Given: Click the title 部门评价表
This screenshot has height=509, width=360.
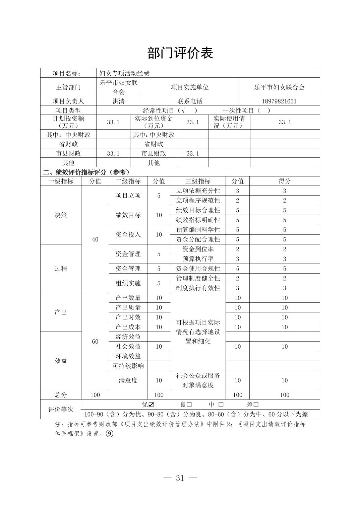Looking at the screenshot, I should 180,53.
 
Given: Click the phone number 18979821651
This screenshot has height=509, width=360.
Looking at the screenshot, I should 279,101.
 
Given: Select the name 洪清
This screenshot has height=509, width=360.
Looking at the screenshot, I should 118,101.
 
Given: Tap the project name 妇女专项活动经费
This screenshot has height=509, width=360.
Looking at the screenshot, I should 124,73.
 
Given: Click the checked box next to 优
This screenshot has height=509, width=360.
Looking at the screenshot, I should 151,405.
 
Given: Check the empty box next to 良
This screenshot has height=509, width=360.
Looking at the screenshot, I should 189,405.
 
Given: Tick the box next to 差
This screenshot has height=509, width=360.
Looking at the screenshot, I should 256,405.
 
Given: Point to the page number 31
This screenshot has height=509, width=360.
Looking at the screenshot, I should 180,478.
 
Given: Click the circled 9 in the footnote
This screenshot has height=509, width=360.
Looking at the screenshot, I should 109,433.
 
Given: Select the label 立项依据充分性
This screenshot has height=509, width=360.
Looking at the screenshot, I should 198,191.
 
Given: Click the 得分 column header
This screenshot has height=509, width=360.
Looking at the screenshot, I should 285,181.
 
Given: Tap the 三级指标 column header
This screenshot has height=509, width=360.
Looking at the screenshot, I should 198,181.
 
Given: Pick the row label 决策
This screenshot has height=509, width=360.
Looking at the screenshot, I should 61,215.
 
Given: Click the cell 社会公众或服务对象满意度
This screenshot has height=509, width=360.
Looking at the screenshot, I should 198,380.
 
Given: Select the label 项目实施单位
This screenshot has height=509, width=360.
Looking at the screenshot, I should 190,87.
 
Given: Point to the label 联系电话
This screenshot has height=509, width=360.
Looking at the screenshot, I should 190,101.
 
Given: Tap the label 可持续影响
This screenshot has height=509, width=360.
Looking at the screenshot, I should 128,366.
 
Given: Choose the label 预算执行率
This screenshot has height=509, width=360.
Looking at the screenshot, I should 198,259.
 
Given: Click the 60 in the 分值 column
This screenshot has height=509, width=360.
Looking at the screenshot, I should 95,341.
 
